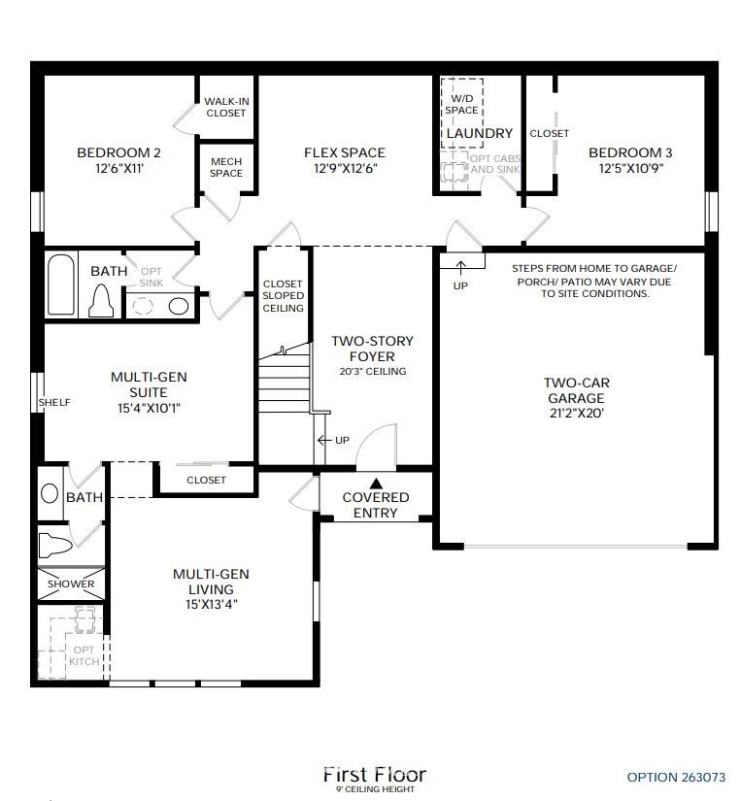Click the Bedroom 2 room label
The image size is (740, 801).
(x=118, y=152)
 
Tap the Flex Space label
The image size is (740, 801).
(x=345, y=152)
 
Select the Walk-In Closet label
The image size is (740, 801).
(x=226, y=107)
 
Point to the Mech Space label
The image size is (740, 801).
(x=226, y=168)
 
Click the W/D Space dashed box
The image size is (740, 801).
(x=462, y=114)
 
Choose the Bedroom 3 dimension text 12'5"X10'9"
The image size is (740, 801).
(x=631, y=168)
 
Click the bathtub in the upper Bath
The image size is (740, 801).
(x=61, y=284)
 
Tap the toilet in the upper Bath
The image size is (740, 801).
(x=101, y=301)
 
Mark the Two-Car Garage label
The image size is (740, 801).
(x=577, y=390)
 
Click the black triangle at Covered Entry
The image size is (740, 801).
(x=376, y=484)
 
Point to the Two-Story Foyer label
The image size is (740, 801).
(x=372, y=349)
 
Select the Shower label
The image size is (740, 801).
(x=71, y=584)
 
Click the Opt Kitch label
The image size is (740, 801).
(x=84, y=656)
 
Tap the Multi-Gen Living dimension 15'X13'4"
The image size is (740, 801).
(x=212, y=605)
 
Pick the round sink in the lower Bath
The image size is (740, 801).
(x=50, y=494)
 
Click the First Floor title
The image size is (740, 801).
(x=375, y=775)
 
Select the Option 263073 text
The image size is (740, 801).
(x=676, y=778)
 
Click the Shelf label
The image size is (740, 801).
(x=54, y=403)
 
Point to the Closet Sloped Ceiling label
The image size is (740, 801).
(x=284, y=296)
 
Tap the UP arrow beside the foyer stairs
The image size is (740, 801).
(x=325, y=440)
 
